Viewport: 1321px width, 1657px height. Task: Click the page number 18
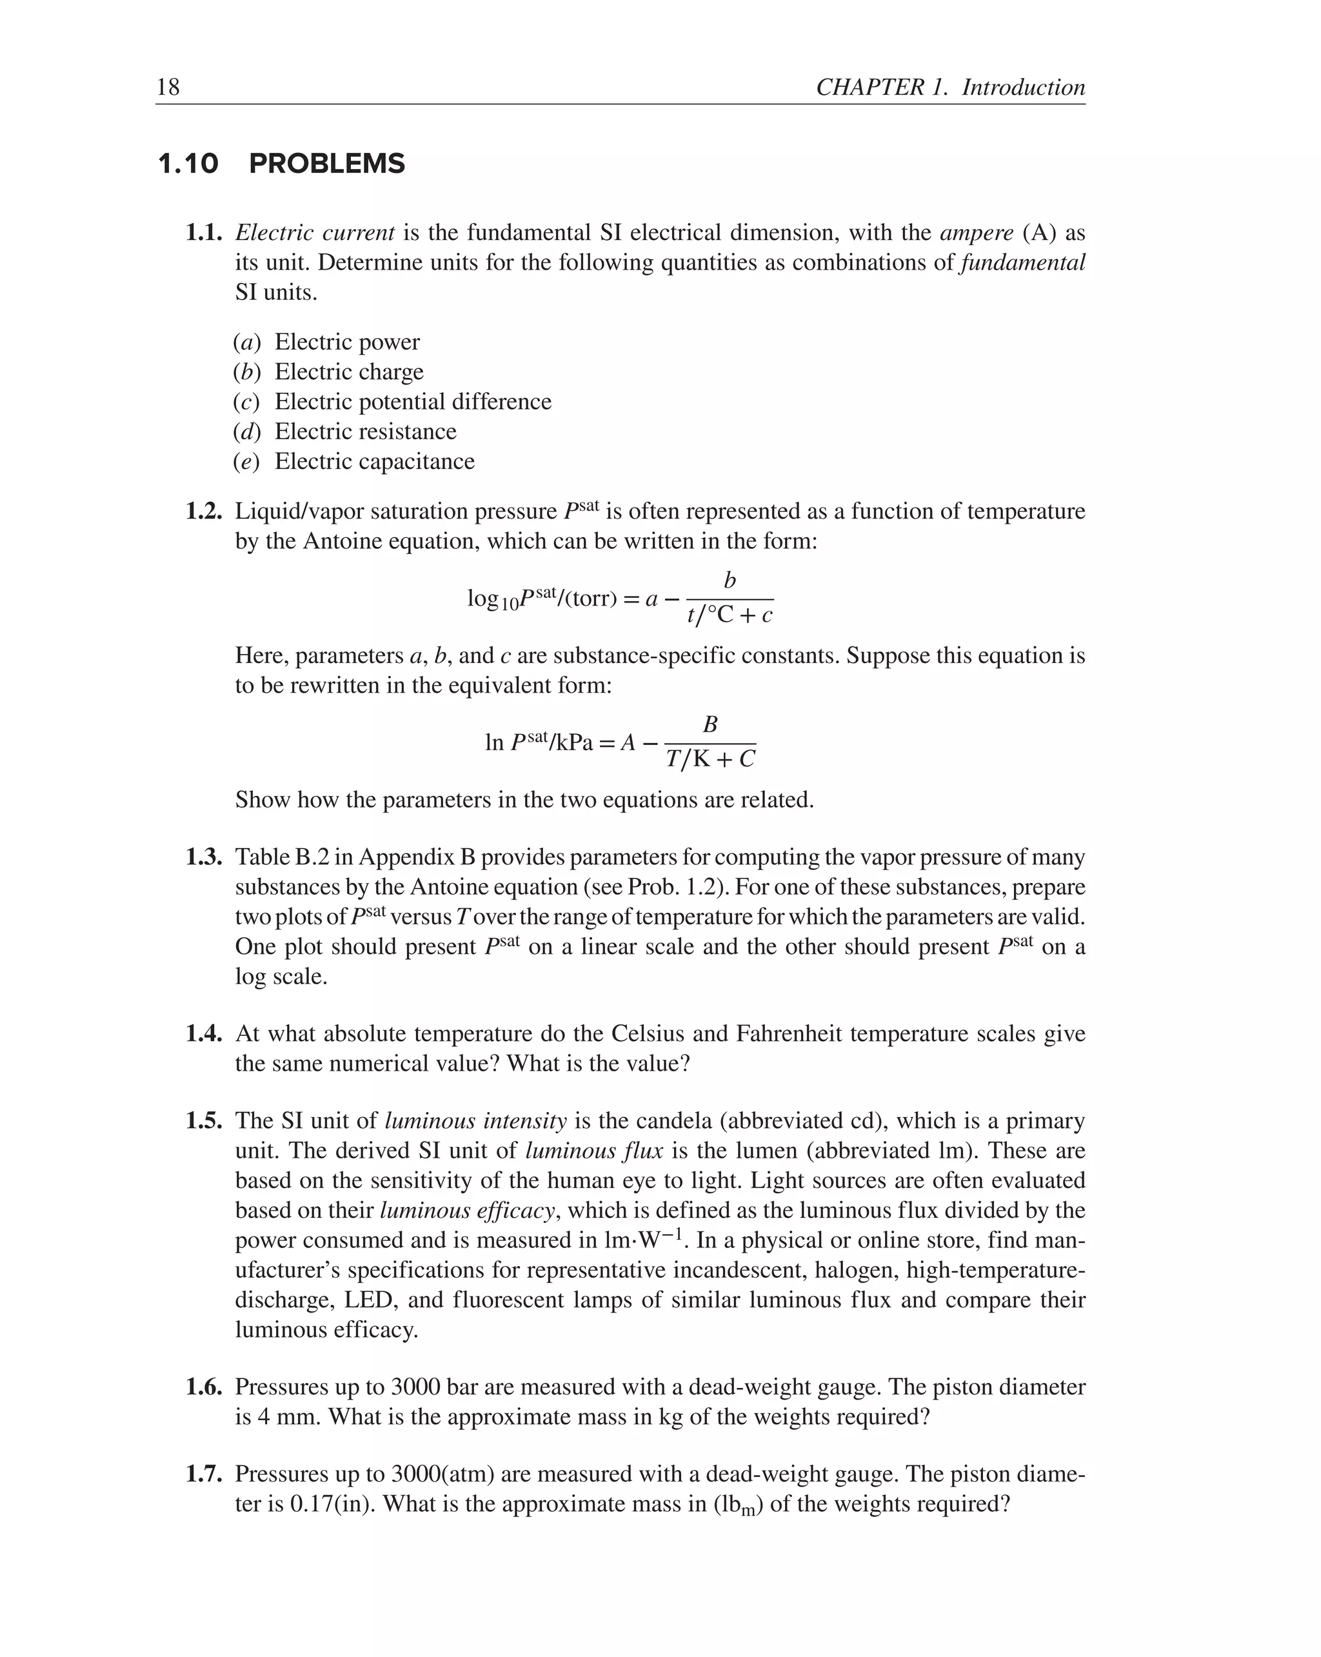168,87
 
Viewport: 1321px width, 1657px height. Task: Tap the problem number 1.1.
204,233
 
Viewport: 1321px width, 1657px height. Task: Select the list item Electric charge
349,372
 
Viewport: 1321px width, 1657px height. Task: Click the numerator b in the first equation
730,581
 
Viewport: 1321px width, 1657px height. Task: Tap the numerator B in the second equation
710,725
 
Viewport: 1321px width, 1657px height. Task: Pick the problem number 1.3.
204,857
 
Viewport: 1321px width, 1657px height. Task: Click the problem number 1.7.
204,1474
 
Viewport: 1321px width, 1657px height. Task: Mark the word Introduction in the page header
1024,87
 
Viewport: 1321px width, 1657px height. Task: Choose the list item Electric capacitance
374,462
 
